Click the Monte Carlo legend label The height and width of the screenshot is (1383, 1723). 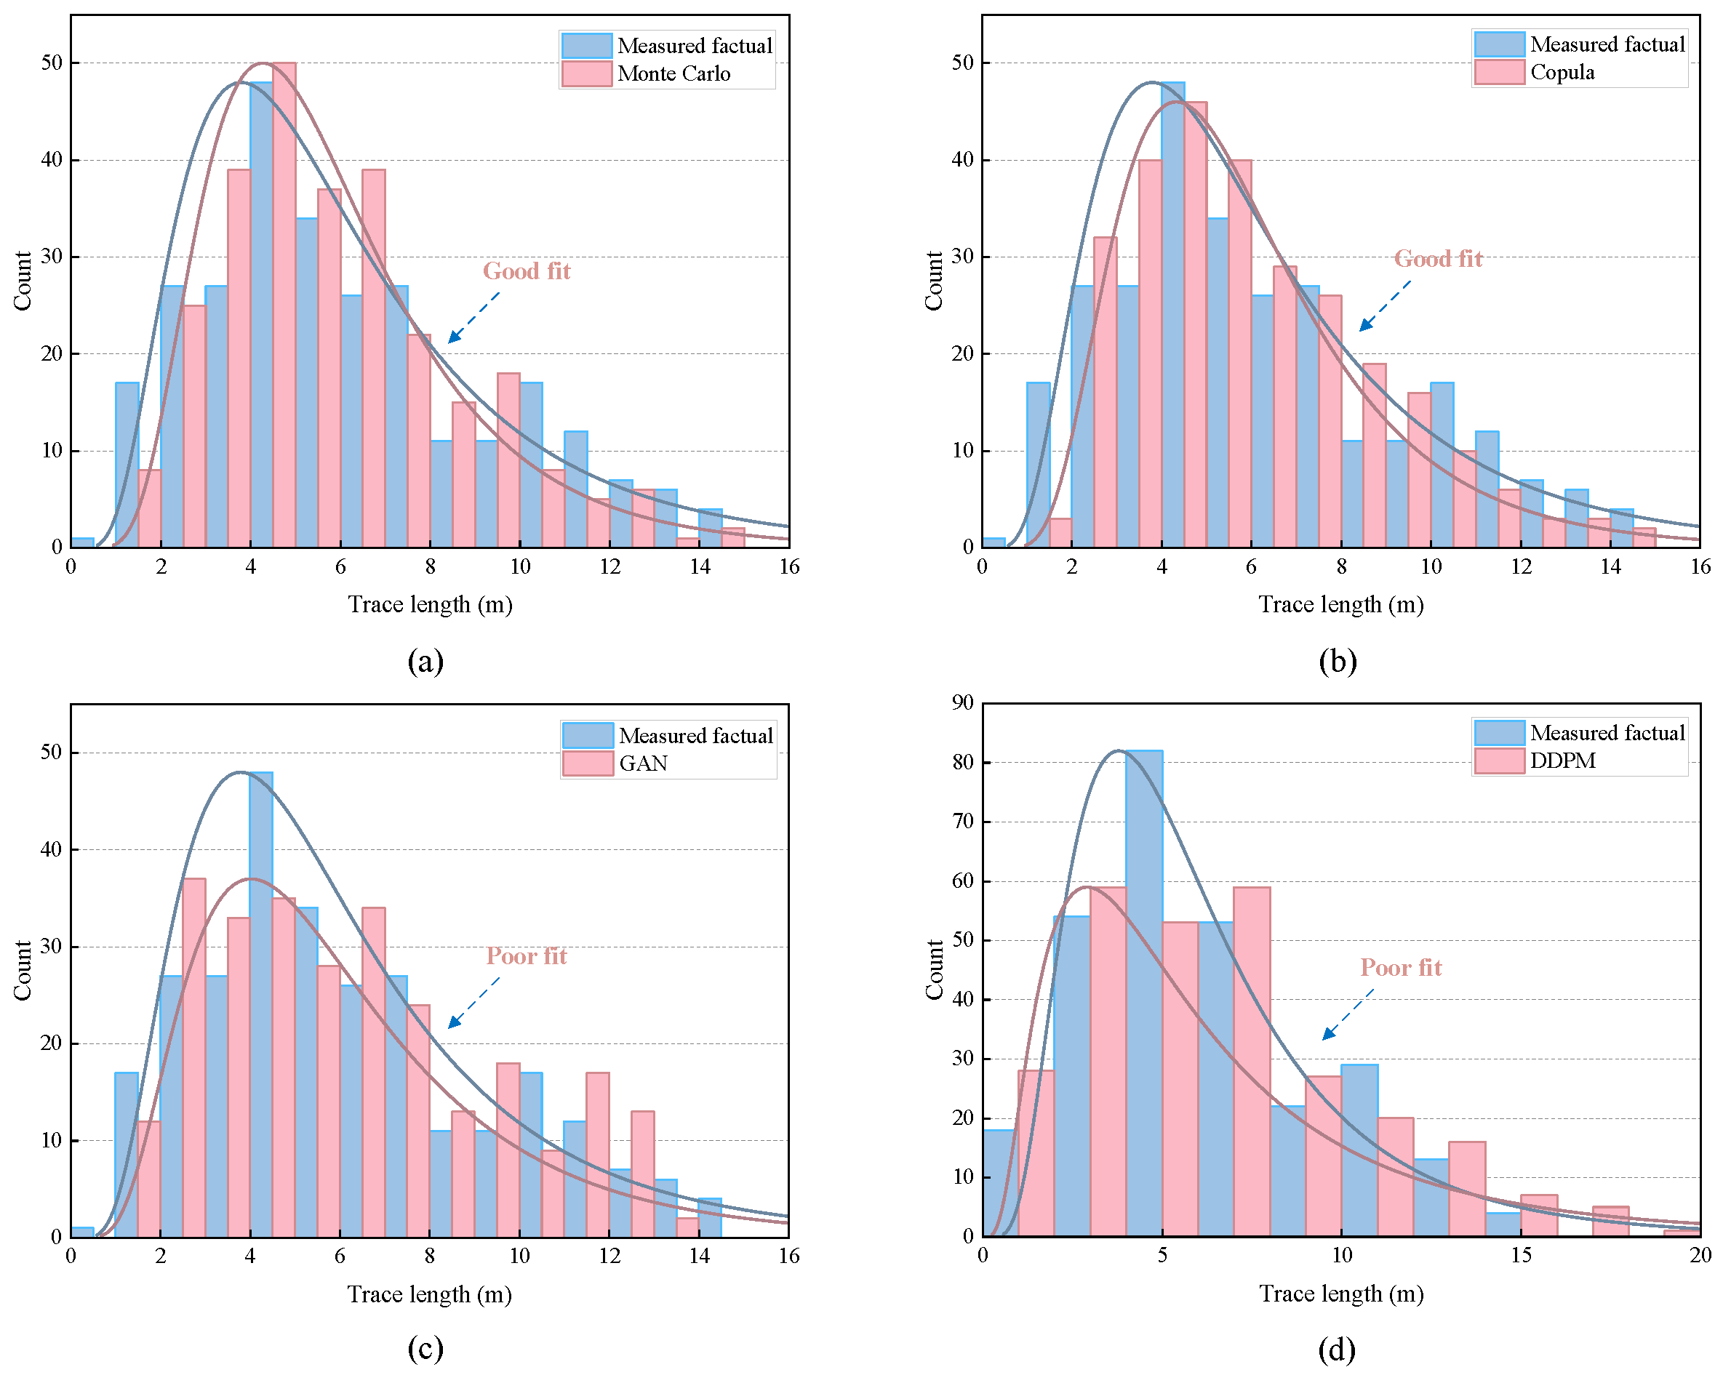pos(673,73)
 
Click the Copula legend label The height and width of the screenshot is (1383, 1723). pos(1562,73)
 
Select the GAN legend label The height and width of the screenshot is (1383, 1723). pos(644,763)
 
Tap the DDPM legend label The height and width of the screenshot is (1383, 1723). pos(1562,761)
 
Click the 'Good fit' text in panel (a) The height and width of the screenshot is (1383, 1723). pos(527,270)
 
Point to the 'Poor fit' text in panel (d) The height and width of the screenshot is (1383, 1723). pos(1400,968)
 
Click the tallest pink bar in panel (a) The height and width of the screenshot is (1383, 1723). pos(284,304)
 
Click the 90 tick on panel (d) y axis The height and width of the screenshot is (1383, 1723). pos(963,702)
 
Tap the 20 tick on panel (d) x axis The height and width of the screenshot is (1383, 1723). pos(1700,1255)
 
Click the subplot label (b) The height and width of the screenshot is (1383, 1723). pos(1337,661)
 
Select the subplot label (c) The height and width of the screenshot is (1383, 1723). pos(425,1349)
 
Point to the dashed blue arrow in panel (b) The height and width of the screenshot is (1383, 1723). pos(1384,305)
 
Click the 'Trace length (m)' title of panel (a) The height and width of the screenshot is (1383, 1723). pos(430,605)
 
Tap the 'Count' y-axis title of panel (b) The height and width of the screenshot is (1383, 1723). pos(933,281)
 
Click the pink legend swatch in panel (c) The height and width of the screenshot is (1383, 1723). pos(588,763)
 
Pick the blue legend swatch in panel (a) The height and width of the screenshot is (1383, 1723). pos(587,46)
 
